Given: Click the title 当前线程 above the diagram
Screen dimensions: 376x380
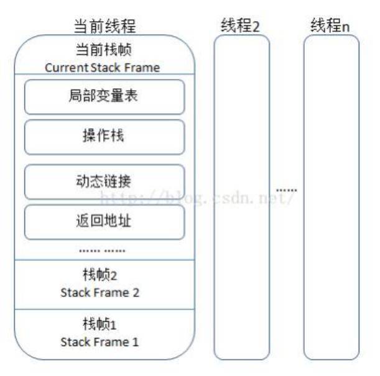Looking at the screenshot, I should [104, 26].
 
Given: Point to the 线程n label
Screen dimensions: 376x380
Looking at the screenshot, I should [331, 25].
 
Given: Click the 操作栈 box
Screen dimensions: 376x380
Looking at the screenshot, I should [104, 137].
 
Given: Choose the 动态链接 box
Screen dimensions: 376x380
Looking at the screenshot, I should [104, 181].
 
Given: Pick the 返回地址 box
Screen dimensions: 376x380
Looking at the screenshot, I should [104, 222].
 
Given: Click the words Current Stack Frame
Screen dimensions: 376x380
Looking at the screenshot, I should [103, 68].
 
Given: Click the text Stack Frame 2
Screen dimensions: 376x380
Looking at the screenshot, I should [100, 292].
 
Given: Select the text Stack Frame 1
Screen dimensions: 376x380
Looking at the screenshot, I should [100, 342].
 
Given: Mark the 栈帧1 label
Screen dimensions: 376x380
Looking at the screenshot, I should [100, 325].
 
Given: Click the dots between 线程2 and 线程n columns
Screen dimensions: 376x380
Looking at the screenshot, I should [287, 189].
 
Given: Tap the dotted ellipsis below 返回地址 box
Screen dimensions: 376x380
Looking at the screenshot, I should [103, 250].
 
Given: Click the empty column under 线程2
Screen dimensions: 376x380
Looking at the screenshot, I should [242, 199].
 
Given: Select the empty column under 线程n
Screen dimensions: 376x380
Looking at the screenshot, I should [331, 199].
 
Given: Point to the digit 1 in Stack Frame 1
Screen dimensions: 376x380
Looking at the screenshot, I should [136, 342].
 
